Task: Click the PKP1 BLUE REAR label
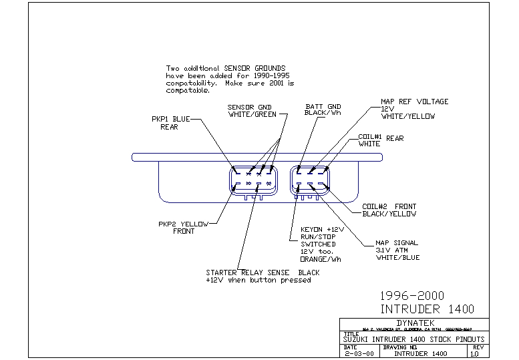point(170,123)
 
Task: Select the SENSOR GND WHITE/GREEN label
point(249,110)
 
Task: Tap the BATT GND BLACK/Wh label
point(323,110)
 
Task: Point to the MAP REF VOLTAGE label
point(414,109)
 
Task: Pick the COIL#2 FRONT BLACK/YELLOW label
point(389,210)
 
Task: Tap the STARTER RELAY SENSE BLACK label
point(262,276)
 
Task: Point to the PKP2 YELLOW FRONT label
point(184,227)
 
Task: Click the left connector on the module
point(252,182)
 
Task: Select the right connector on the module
point(309,182)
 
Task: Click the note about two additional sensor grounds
point(230,79)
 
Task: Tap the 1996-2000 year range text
point(411,295)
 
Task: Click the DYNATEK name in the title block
point(415,322)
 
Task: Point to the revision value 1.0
point(474,354)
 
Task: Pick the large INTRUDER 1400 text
point(427,309)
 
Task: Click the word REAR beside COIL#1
point(394,138)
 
